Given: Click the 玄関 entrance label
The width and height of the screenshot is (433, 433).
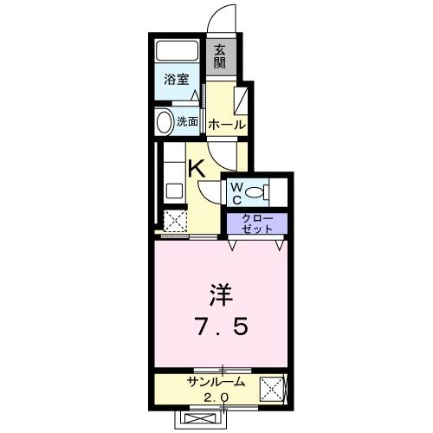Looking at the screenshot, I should click(x=220, y=56).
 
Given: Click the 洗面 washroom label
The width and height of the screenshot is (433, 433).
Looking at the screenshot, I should click(x=188, y=122).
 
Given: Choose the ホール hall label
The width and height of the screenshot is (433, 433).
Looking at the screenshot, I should click(x=226, y=125).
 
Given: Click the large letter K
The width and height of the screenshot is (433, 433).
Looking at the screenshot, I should click(x=197, y=168).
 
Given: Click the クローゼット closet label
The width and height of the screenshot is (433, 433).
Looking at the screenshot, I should click(x=256, y=223).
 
